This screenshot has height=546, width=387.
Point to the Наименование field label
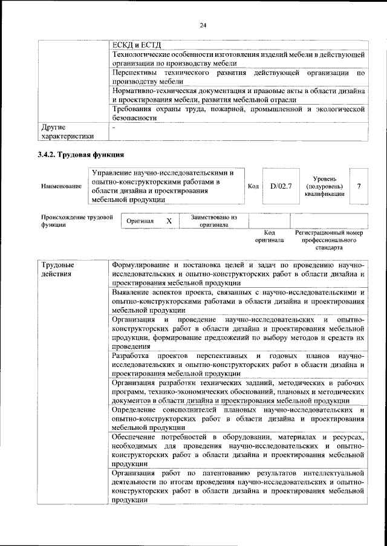[61, 186]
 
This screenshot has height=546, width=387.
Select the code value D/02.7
[281, 186]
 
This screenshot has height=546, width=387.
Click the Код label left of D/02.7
[254, 186]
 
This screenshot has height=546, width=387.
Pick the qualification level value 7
[360, 186]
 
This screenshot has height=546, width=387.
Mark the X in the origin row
[169, 221]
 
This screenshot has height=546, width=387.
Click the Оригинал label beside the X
[140, 221]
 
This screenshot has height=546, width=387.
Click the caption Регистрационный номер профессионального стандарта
[328, 239]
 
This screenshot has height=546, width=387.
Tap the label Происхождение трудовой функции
[77, 221]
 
